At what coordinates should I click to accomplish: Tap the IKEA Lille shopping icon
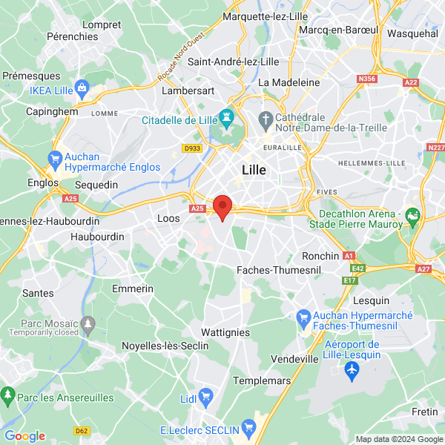pyautogui.click(x=81, y=90)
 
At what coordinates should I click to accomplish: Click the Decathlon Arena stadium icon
pyautogui.click(x=413, y=215)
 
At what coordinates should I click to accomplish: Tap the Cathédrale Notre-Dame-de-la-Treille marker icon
pyautogui.click(x=266, y=119)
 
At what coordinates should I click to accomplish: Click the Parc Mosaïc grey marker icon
pyautogui.click(x=88, y=323)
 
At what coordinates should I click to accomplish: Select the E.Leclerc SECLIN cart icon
pyautogui.click(x=248, y=428)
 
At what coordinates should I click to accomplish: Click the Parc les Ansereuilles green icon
pyautogui.click(x=9, y=393)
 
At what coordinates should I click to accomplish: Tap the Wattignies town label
pyautogui.click(x=225, y=333)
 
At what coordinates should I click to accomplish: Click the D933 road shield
pyautogui.click(x=192, y=148)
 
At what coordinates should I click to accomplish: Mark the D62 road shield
pyautogui.click(x=82, y=430)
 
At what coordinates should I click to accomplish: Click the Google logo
pyautogui.click(x=25, y=436)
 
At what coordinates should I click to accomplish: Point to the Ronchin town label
pyautogui.click(x=320, y=256)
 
